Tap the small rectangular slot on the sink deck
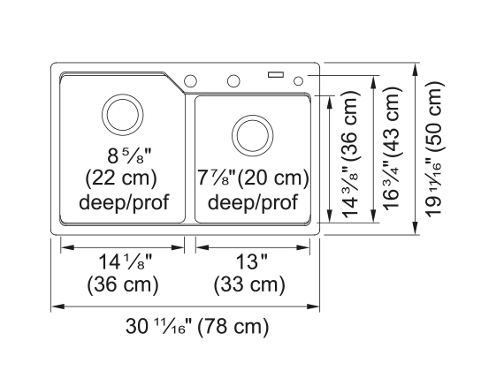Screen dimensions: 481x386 coord(276,74)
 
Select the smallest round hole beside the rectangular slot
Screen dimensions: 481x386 coord(298,81)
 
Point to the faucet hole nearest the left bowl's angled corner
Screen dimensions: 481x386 coord(190,80)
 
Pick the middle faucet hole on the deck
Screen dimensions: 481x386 coord(233,81)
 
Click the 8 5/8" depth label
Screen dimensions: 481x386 coord(129,155)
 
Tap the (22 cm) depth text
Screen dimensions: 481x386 coord(121,178)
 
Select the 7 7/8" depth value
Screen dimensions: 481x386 coord(217,178)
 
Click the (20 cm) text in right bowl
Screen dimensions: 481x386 coord(273,178)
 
